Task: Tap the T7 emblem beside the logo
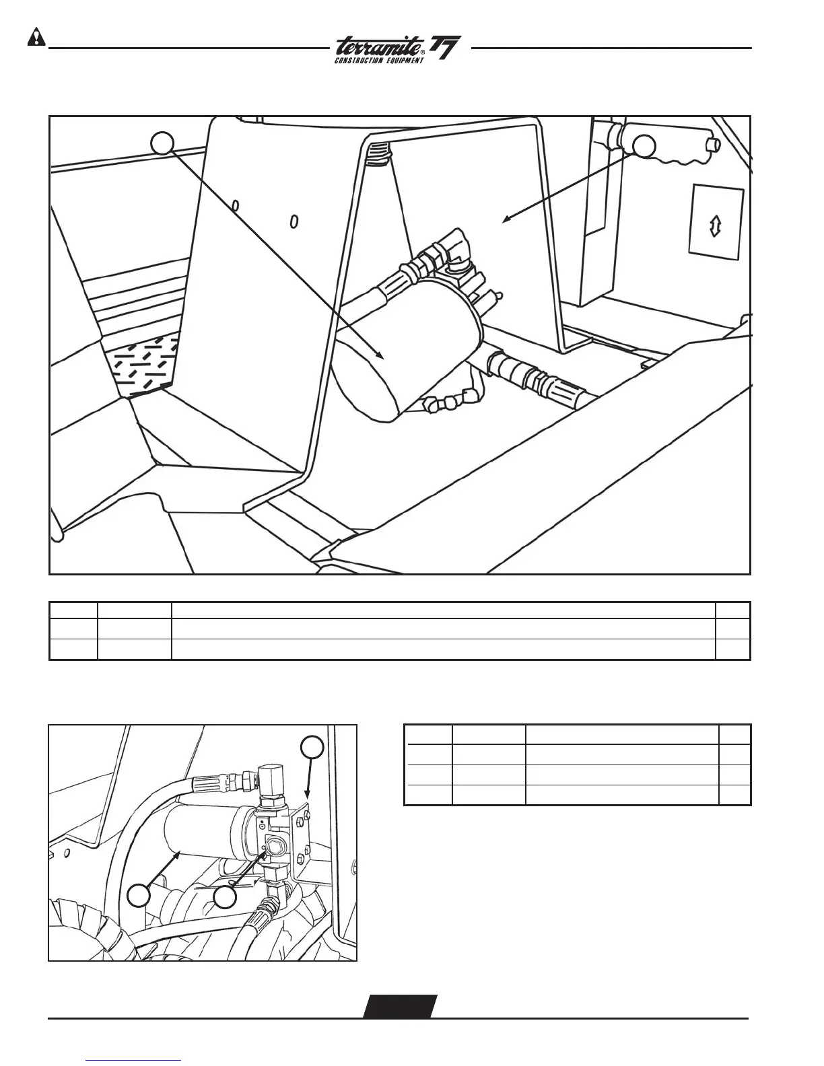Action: coord(445,50)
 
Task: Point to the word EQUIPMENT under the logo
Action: coord(405,61)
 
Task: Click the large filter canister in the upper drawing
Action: coord(404,350)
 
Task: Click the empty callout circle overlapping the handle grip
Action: coord(645,147)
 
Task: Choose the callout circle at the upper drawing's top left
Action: coord(162,143)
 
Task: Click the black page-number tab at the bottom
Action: coord(400,1005)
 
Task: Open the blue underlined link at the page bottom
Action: coord(134,1059)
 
